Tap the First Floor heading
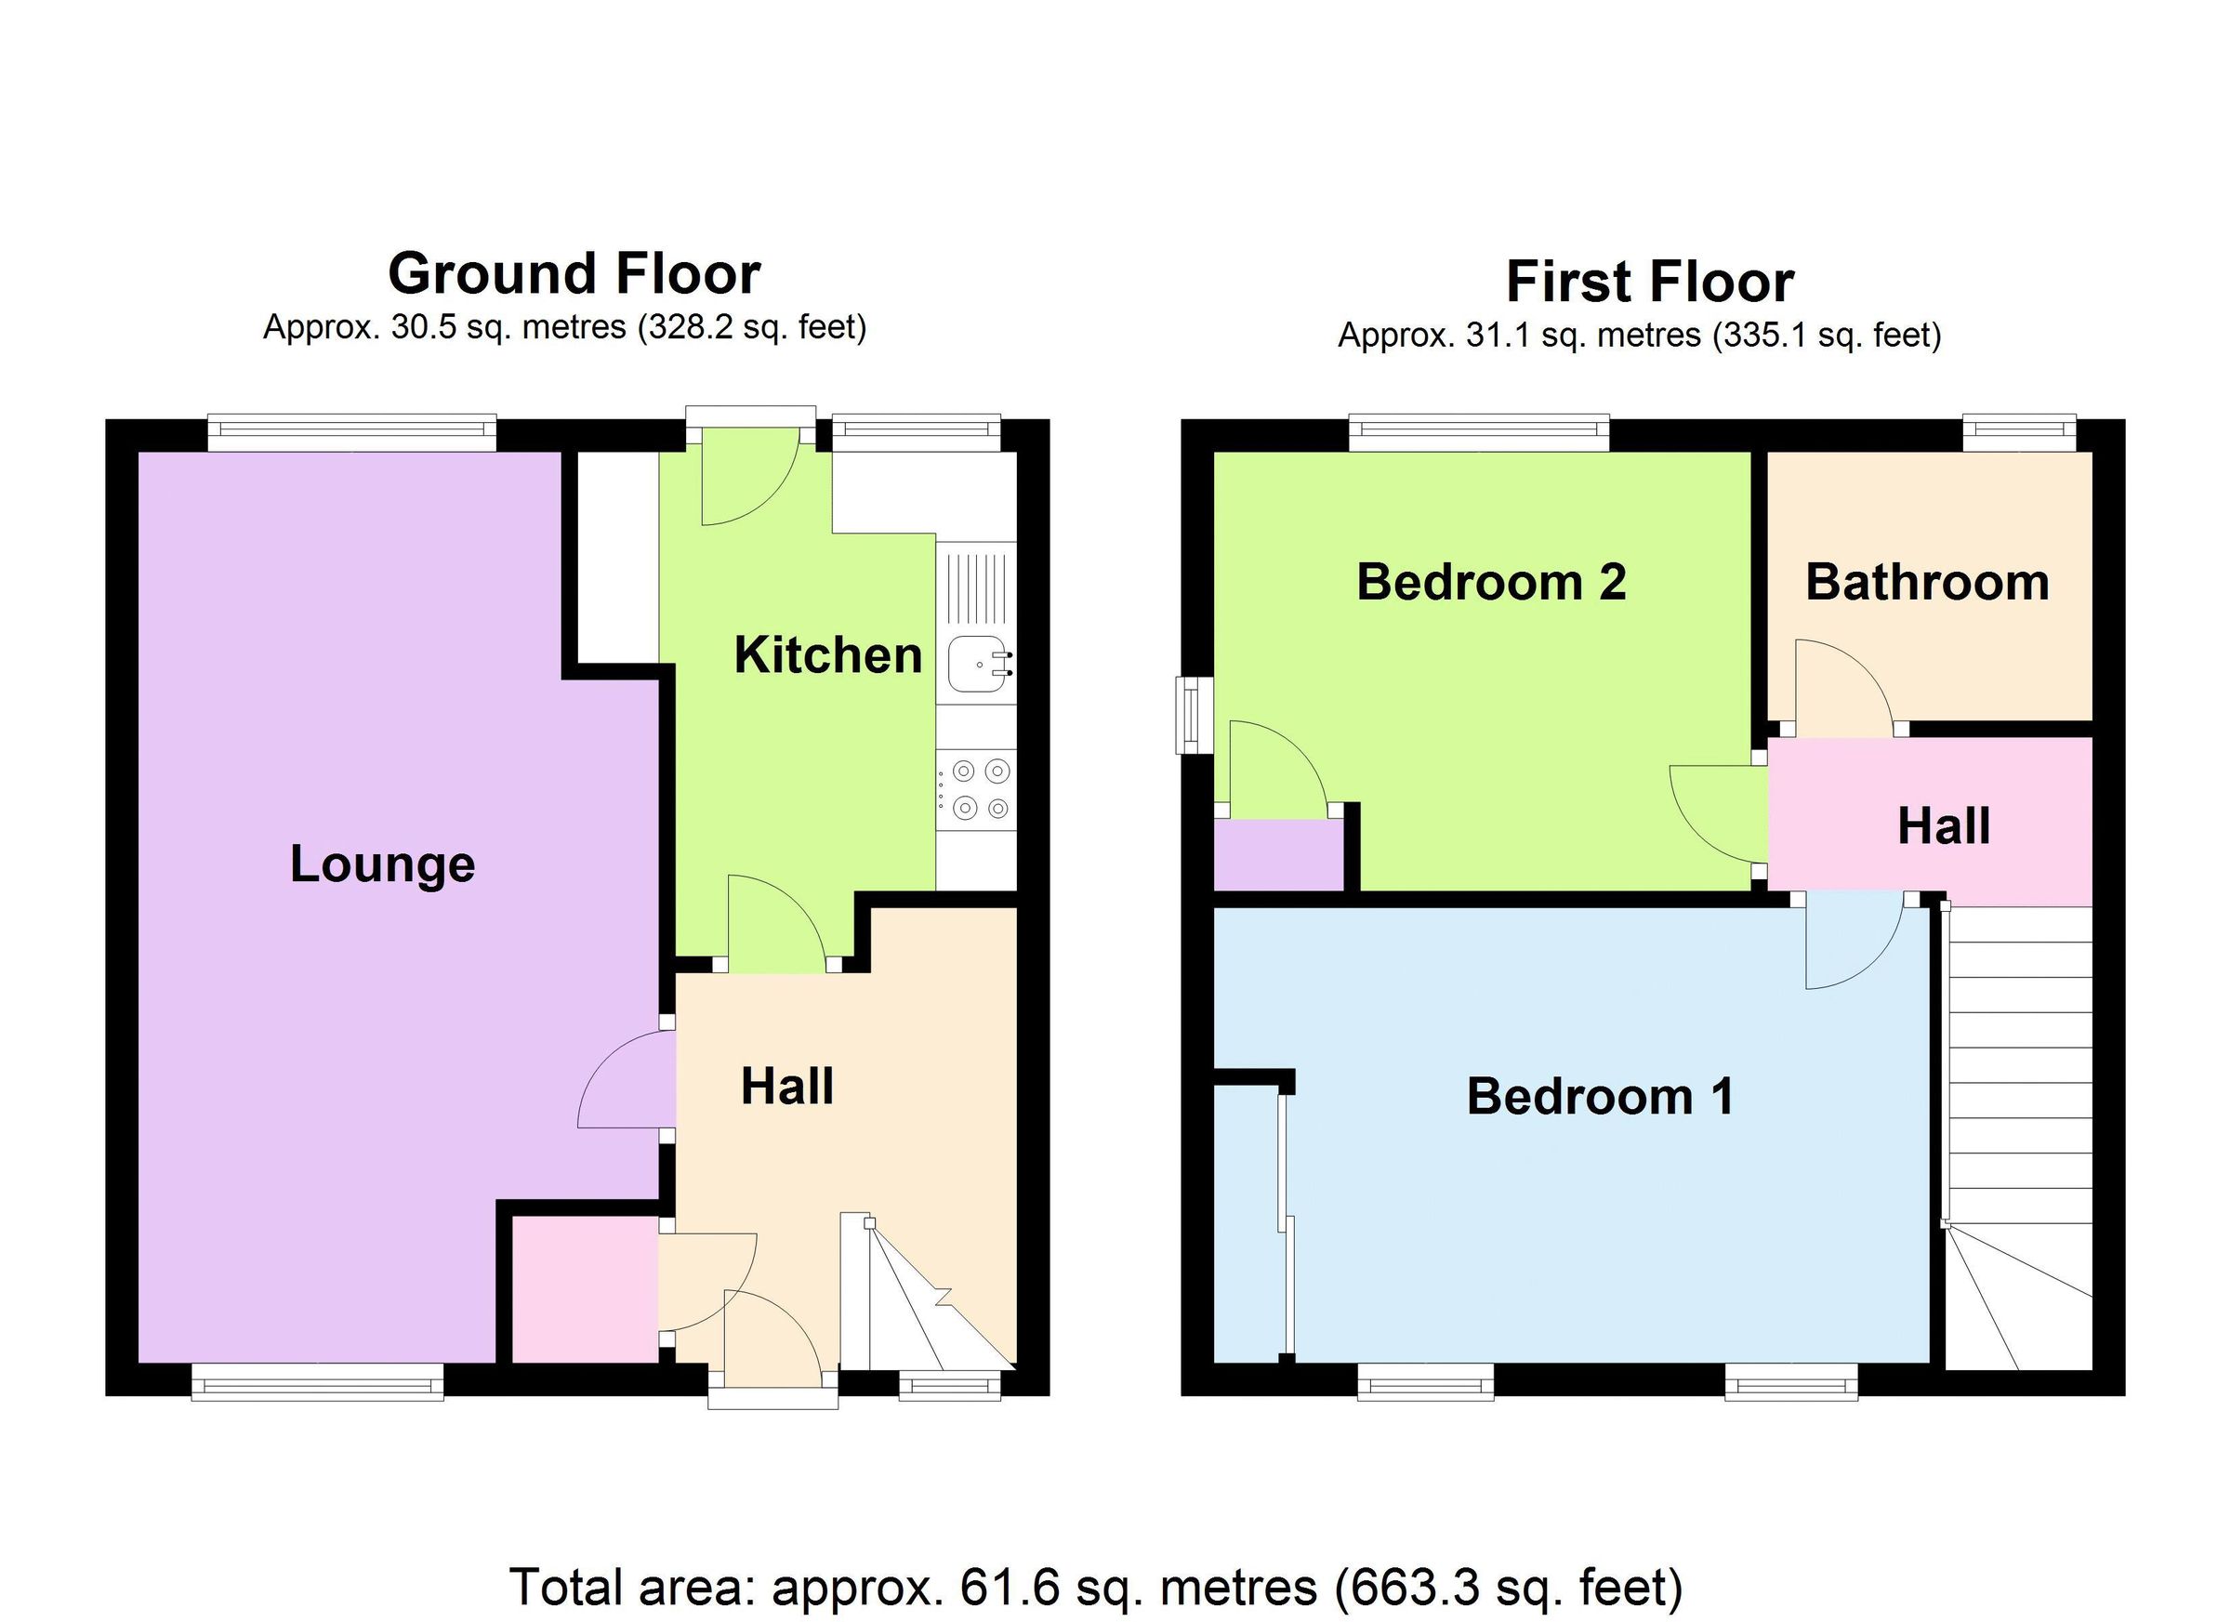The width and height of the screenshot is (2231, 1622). coord(1650,283)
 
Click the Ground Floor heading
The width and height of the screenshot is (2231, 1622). coord(574,274)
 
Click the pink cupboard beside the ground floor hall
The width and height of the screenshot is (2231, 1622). coord(586,1289)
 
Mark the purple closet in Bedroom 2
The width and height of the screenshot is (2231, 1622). coord(1279,856)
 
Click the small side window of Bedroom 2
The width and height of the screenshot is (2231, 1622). coord(1195,715)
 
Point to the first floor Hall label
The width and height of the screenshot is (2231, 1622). coord(1944,827)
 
